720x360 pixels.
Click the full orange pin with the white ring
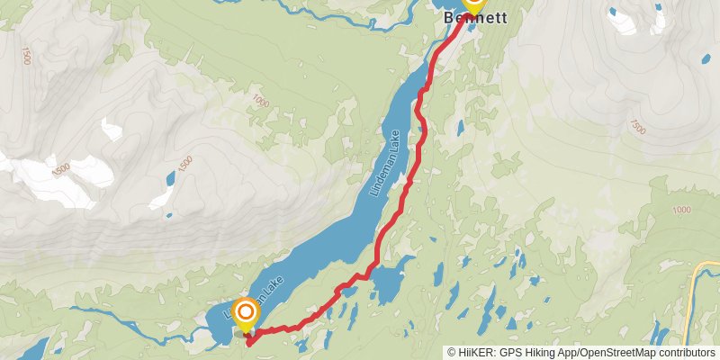tap(245, 313)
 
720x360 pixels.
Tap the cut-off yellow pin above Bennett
tap(473, 4)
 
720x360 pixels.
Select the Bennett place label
tap(475, 18)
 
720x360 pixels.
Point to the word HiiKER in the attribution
tap(476, 353)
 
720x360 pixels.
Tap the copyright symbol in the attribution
tap(452, 353)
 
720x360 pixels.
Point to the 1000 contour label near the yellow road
tap(680, 211)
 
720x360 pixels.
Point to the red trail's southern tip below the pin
tap(247, 341)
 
